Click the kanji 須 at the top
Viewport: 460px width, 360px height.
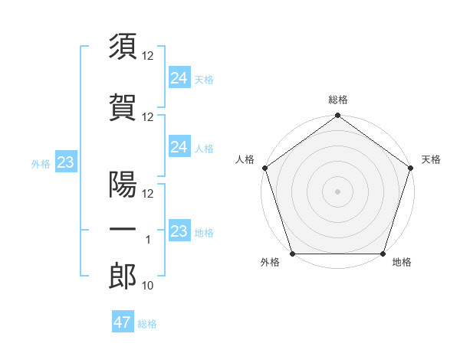[123, 47]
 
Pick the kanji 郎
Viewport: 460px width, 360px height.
[123, 277]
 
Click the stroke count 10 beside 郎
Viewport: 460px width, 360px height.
[148, 286]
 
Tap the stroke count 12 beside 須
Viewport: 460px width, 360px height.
[148, 57]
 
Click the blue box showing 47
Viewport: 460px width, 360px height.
[123, 322]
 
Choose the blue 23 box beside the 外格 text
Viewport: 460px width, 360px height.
[65, 162]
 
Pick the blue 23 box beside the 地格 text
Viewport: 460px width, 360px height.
[179, 231]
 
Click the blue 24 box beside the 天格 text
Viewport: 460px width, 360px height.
[179, 77]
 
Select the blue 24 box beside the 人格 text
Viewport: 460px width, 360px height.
[179, 147]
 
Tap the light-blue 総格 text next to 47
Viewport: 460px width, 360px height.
[147, 324]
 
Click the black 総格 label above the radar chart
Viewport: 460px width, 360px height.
[338, 100]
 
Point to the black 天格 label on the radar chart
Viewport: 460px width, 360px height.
[431, 159]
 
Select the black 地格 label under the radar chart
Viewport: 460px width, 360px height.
[402, 263]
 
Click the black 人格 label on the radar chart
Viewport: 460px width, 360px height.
[245, 159]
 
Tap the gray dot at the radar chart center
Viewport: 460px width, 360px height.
[338, 191]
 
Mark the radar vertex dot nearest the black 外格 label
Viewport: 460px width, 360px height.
[292, 254]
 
